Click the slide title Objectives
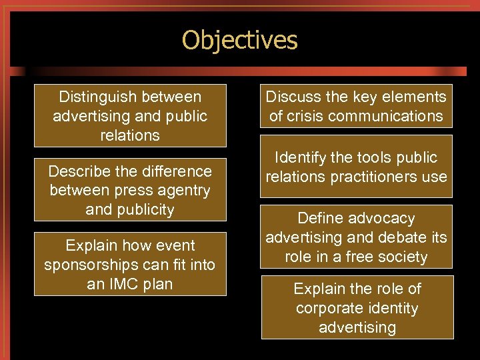pyautogui.click(x=239, y=41)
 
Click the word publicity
pyautogui.click(x=144, y=210)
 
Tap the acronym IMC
pyautogui.click(x=125, y=284)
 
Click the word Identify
pyautogui.click(x=301, y=158)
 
